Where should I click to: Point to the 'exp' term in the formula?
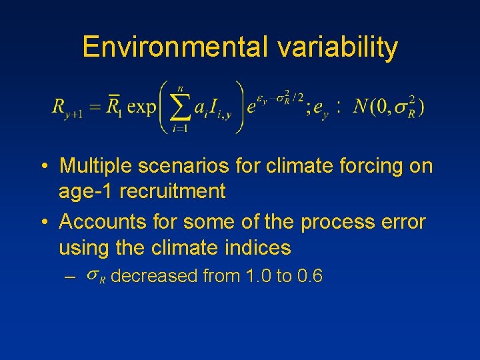coord(141,107)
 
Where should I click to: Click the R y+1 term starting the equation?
coord(67,108)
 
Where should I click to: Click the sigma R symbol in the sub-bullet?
coord(97,276)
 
